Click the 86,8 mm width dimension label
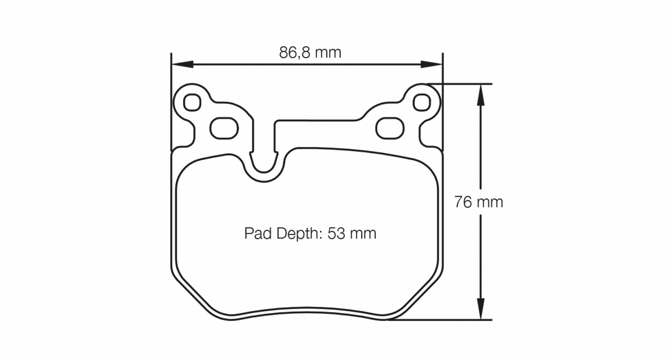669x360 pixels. [310, 53]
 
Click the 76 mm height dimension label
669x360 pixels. [478, 202]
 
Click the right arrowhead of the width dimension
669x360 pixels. [432, 64]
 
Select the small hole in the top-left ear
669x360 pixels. [192, 102]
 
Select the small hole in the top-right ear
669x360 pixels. [421, 102]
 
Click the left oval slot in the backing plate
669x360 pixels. [224, 128]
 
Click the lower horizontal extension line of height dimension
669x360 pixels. [440, 319]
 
